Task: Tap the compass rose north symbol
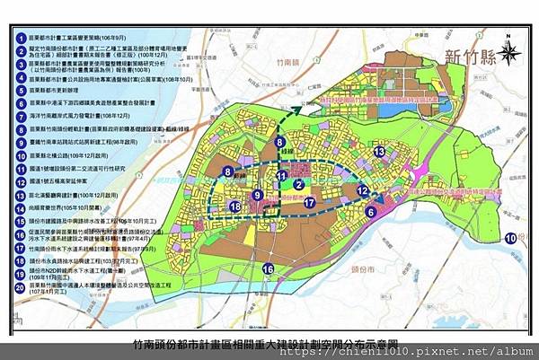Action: pos(509,50)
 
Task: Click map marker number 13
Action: pos(380,152)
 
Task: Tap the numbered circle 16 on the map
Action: pos(268,268)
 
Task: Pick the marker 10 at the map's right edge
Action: pos(510,238)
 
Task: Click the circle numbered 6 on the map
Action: pos(370,212)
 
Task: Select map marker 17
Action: pos(308,203)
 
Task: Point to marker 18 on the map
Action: pos(234,207)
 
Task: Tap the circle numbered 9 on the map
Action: pos(257,194)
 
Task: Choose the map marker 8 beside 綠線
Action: pos(280,142)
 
